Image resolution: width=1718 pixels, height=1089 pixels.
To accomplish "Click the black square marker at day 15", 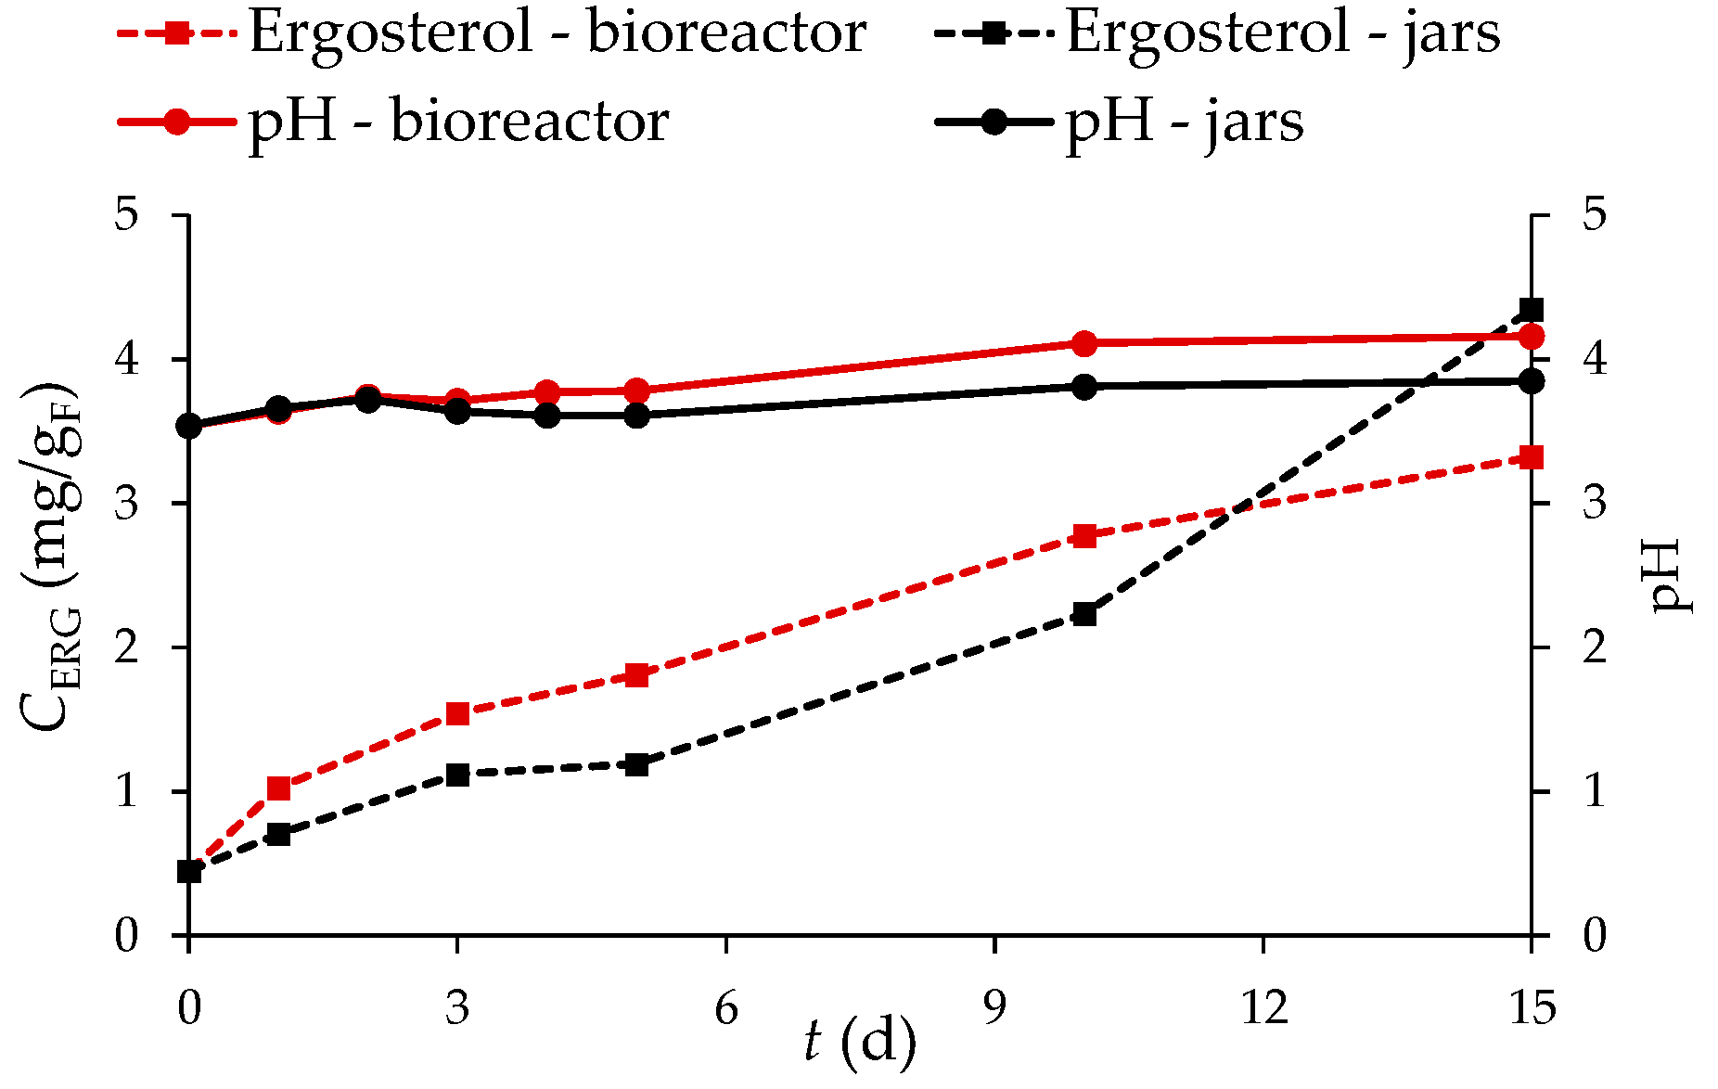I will [1532, 310].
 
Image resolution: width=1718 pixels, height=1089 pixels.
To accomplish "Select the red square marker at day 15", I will [1532, 457].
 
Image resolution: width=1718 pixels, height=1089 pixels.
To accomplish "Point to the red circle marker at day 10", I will [1084, 343].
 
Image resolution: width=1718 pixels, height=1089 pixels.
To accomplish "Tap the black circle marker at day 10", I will [1084, 386].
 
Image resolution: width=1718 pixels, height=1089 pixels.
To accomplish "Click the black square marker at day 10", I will [1084, 614].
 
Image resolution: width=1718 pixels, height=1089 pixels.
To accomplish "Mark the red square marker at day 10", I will [1084, 536].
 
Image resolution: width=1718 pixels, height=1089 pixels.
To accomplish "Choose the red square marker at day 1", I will [278, 788].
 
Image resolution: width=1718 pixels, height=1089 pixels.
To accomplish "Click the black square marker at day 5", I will [636, 765].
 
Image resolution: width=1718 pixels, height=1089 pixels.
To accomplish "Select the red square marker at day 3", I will [457, 713].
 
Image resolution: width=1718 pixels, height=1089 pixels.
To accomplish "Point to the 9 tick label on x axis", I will [994, 1007].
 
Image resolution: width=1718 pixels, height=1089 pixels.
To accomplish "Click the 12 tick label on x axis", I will [1263, 1007].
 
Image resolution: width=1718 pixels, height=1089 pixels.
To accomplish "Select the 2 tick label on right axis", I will [1595, 647].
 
